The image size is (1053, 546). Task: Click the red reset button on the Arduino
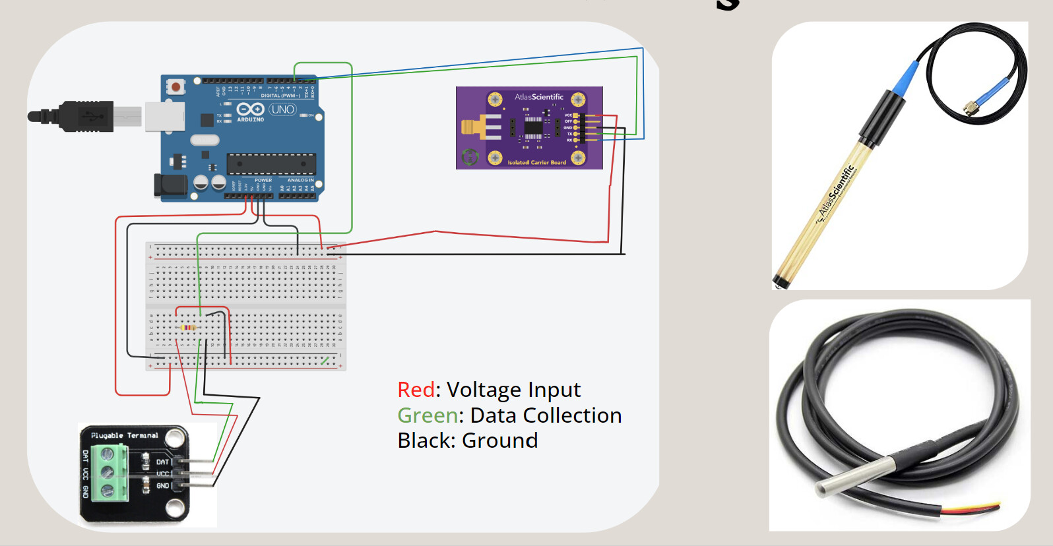pos(175,86)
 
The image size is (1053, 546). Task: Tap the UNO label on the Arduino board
pos(282,109)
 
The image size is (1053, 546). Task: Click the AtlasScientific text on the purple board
pos(538,97)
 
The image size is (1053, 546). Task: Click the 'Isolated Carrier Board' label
pos(536,162)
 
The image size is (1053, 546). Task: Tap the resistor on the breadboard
pos(189,328)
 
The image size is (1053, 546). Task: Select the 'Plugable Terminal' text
pos(124,436)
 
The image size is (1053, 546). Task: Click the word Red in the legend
pos(416,390)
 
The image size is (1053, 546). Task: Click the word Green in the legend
pos(428,415)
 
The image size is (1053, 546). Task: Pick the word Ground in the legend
pos(499,440)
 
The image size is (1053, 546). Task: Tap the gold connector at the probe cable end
pos(970,107)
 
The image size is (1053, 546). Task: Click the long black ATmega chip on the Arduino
pos(271,164)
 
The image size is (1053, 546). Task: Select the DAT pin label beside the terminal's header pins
pos(162,462)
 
